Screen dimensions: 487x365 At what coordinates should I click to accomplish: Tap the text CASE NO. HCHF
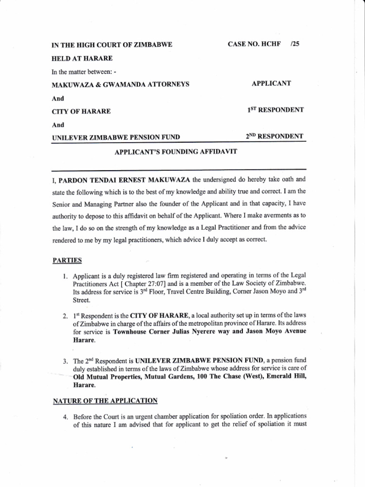[255, 44]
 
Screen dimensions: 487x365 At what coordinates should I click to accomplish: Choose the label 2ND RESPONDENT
[274, 136]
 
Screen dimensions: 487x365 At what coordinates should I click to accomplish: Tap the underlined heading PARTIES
[67, 260]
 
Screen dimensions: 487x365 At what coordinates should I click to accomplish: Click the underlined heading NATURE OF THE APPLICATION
[105, 401]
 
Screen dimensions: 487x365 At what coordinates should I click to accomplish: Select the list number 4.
[66, 417]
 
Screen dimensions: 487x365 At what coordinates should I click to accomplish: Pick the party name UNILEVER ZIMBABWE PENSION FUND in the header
[116, 137]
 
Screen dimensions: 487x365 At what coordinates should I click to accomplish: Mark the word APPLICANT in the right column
[271, 84]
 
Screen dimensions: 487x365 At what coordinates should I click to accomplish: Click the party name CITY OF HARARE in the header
[81, 111]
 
